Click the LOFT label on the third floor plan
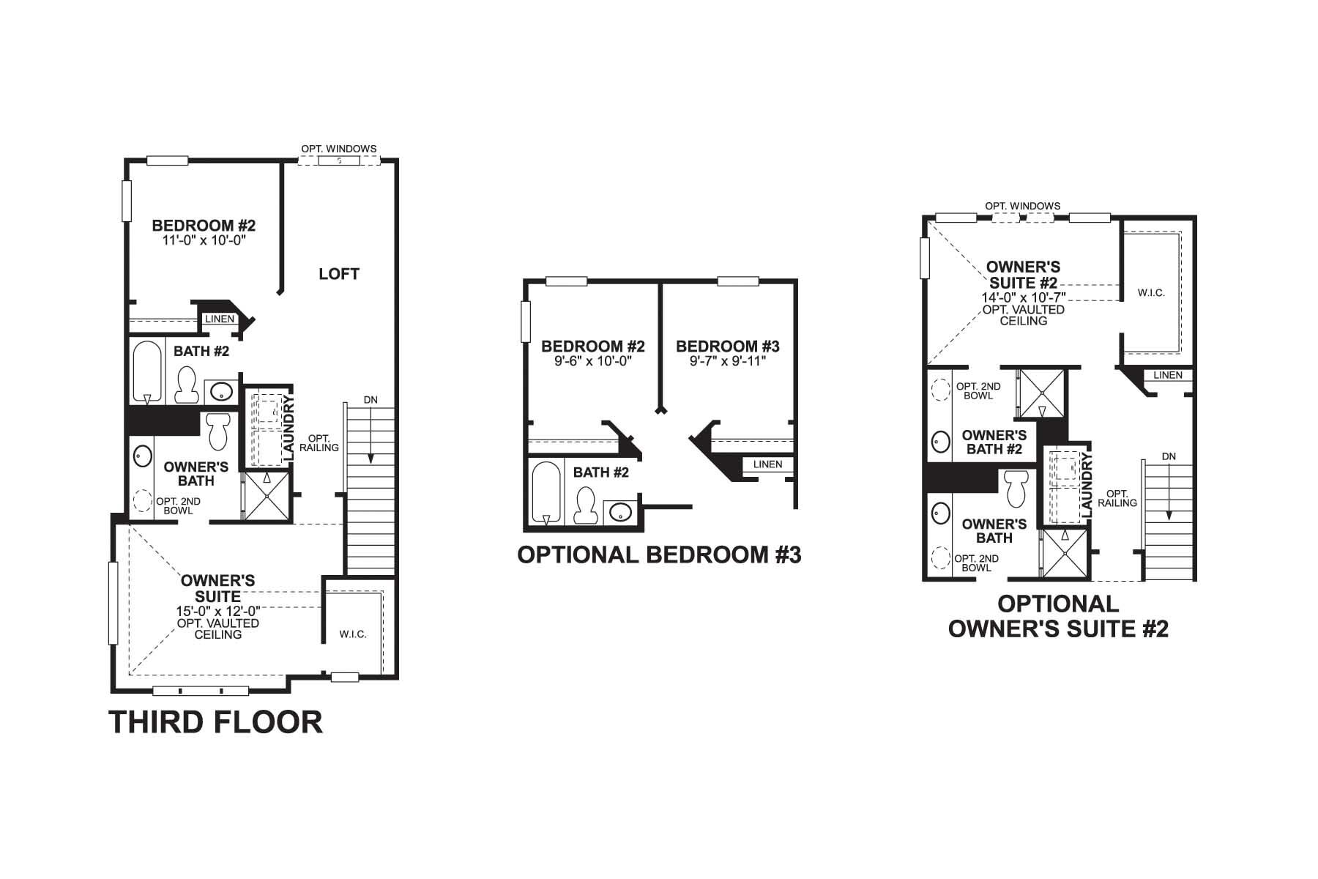[x=339, y=274]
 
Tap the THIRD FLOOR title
[x=215, y=722]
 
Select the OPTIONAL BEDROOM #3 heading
[x=659, y=555]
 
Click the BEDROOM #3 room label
[x=727, y=346]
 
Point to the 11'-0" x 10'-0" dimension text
[x=203, y=240]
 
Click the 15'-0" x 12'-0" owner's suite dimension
[x=217, y=611]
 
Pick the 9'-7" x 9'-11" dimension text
[x=727, y=360]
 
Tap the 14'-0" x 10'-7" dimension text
[x=1023, y=297]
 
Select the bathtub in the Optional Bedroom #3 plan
[x=546, y=492]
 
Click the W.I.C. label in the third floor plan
[x=353, y=634]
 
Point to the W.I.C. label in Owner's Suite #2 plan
[x=1151, y=293]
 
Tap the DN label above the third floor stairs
[x=371, y=400]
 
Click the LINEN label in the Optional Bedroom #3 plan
[x=767, y=464]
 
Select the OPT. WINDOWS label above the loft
[x=338, y=149]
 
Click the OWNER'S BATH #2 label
[x=994, y=442]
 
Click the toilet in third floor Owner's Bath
[x=218, y=431]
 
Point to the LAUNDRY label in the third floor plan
[x=288, y=429]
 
